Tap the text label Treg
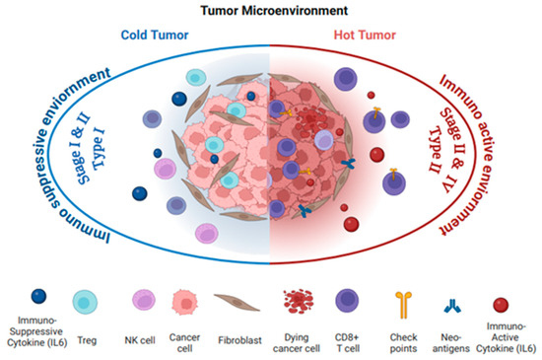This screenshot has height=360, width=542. [86, 322]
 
